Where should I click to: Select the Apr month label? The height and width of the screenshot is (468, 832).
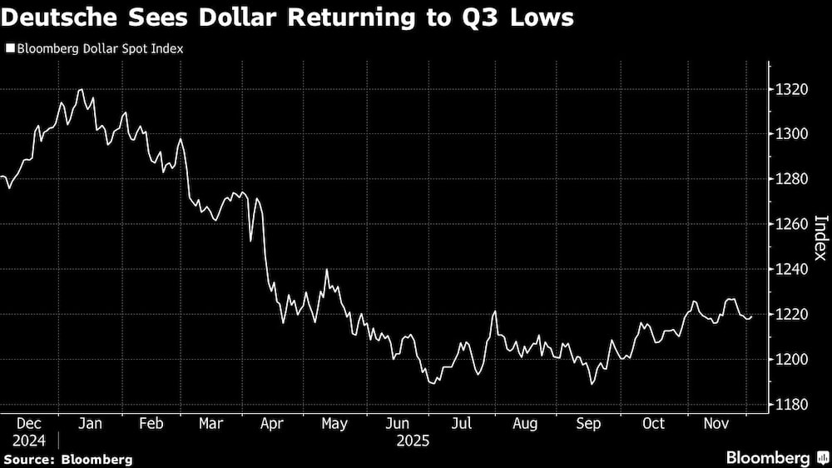pos(272,424)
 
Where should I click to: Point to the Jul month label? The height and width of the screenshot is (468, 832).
pos(461,424)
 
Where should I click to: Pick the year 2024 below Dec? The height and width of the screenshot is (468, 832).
pos(29,440)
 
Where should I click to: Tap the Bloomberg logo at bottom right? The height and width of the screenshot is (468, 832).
pos(774,457)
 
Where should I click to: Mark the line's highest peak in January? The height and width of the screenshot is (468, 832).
pos(81,89)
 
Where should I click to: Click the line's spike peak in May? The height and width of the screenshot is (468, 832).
pos(326,270)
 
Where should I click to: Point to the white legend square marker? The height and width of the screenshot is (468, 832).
pos(9,48)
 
